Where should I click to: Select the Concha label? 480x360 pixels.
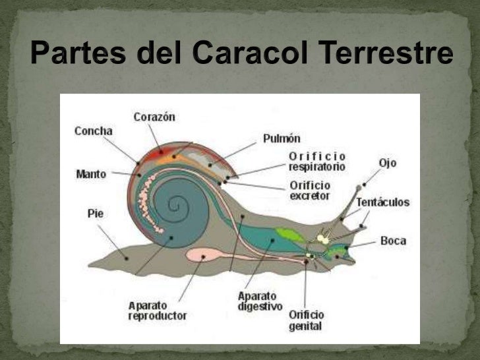coord(93,131)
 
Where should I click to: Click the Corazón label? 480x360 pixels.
coord(154,117)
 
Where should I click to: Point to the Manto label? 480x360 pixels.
coord(91,175)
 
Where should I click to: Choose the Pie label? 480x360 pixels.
coord(96,214)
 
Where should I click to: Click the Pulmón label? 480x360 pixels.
coord(282,138)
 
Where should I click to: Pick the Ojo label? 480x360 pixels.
coord(388,162)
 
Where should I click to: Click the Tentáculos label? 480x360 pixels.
coord(382,202)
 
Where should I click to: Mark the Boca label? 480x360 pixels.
coord(393,241)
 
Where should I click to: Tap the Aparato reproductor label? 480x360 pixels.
coord(157,311)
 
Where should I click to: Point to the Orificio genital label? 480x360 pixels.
coord(305,320)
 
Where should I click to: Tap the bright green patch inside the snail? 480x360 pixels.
coord(287,234)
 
